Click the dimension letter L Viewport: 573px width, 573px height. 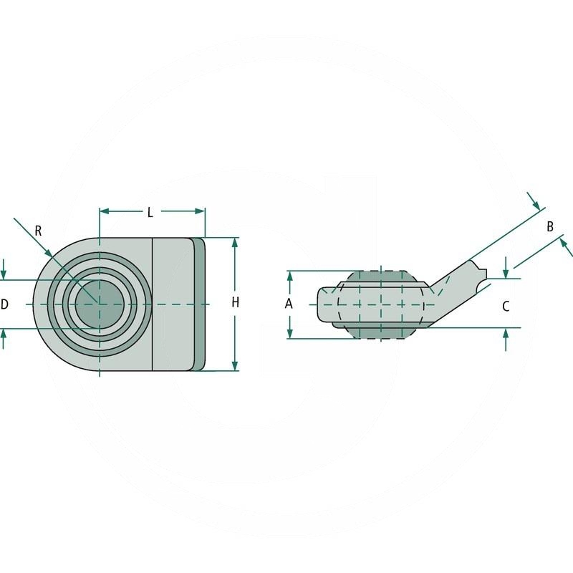coord(150,212)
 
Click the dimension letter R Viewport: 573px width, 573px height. coord(38,231)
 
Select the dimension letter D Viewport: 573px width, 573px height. coord(4,304)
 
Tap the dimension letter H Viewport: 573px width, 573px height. coord(235,303)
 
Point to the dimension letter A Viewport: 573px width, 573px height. coord(289,304)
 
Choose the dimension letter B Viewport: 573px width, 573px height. coord(549,227)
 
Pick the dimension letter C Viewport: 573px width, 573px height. coord(505,307)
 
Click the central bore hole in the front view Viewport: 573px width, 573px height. coord(100,304)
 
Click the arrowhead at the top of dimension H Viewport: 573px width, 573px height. coord(235,243)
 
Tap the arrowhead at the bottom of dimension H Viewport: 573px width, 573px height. coord(235,365)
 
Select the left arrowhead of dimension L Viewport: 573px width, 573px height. coord(105,211)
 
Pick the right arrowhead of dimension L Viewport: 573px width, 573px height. coord(201,211)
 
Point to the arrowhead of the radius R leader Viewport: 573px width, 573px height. coord(49,253)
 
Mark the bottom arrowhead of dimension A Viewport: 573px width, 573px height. coord(289,333)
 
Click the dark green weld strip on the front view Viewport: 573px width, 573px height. coord(199,304)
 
